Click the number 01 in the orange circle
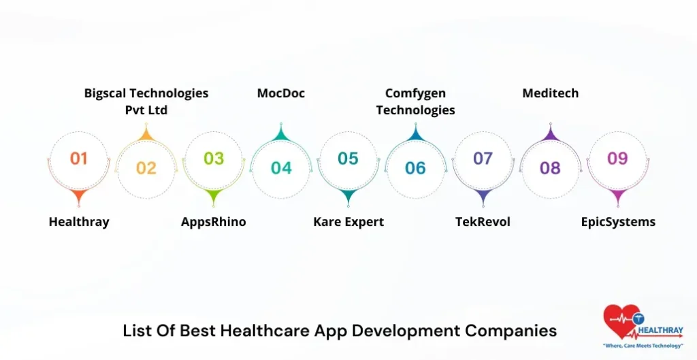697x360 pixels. (x=79, y=159)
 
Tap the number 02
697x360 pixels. (x=146, y=168)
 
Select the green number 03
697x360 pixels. (x=214, y=159)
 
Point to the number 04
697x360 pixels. (x=281, y=168)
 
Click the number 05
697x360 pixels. (x=348, y=159)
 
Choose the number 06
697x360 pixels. (x=415, y=168)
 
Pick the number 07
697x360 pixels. (x=483, y=159)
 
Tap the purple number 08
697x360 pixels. (x=550, y=168)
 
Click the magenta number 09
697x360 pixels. (x=617, y=159)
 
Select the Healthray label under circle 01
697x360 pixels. (x=79, y=222)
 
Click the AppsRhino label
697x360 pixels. (x=214, y=222)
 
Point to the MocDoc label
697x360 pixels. (x=281, y=93)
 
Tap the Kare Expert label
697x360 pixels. (x=348, y=222)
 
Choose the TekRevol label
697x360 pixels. (x=483, y=222)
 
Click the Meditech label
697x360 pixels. (x=550, y=93)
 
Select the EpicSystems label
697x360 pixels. (x=618, y=222)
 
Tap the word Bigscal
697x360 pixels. (x=106, y=93)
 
